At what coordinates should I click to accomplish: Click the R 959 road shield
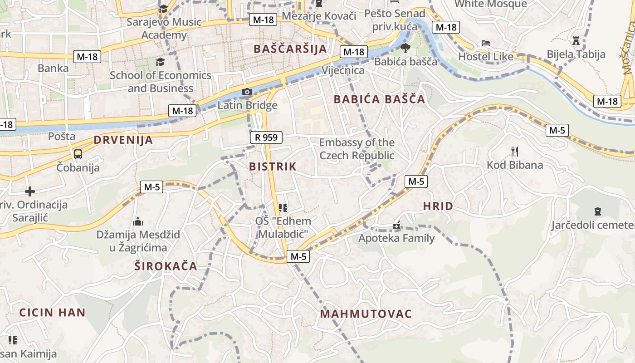[266, 137]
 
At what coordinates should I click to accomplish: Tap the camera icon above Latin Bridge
[247, 92]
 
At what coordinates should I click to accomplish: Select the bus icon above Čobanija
[78, 154]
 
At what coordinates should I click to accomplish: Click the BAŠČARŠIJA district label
[290, 49]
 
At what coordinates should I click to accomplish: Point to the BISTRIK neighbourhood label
[273, 167]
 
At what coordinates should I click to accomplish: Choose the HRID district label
[438, 206]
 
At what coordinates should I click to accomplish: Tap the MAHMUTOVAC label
[366, 314]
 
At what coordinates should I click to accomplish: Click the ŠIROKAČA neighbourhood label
[166, 266]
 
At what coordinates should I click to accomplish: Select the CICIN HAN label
[52, 312]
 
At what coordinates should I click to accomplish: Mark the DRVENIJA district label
[123, 140]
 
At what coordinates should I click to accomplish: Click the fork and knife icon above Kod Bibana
[514, 151]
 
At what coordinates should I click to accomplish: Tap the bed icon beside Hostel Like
[486, 43]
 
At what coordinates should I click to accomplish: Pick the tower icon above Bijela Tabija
[576, 41]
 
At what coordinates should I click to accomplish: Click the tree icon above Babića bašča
[405, 48]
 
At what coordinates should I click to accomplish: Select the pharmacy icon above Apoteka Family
[396, 225]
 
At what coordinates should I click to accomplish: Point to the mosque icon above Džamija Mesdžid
[138, 221]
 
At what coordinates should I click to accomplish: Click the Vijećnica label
[343, 70]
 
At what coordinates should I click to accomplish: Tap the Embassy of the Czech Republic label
[357, 149]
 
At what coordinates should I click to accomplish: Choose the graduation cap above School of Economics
[160, 62]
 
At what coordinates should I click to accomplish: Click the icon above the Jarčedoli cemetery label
[597, 211]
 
